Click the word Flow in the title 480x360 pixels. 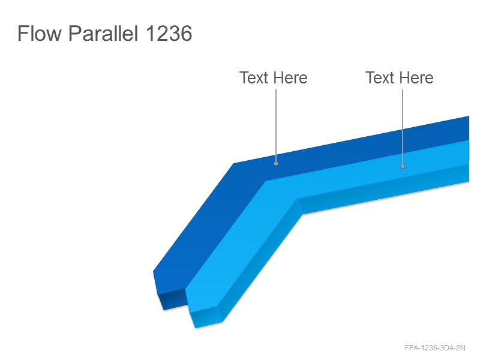40,33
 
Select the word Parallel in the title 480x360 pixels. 103,33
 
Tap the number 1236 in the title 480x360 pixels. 169,33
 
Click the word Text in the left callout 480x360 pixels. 254,78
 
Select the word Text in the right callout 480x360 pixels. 380,78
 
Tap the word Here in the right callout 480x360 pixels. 416,78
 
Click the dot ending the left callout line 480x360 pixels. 276,164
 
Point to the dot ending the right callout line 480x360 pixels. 403,167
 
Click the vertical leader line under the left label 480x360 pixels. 276,126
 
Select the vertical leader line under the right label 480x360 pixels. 403,127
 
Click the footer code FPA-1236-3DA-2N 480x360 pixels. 435,348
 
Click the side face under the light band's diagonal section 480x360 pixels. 260,260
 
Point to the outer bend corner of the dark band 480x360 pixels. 234,163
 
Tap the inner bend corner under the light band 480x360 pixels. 298,199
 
